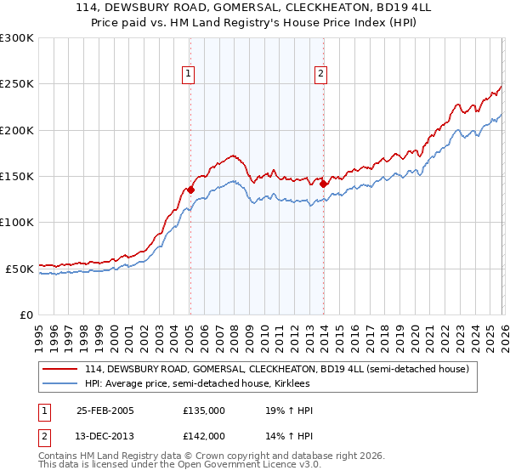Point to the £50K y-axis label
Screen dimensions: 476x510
tap(19, 269)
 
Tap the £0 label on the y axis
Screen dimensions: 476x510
tap(25, 314)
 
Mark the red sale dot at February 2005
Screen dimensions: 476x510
tap(190, 190)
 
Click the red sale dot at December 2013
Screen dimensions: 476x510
tap(324, 182)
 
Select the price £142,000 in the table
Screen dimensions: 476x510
tap(204, 436)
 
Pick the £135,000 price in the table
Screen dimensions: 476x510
tap(204, 411)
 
